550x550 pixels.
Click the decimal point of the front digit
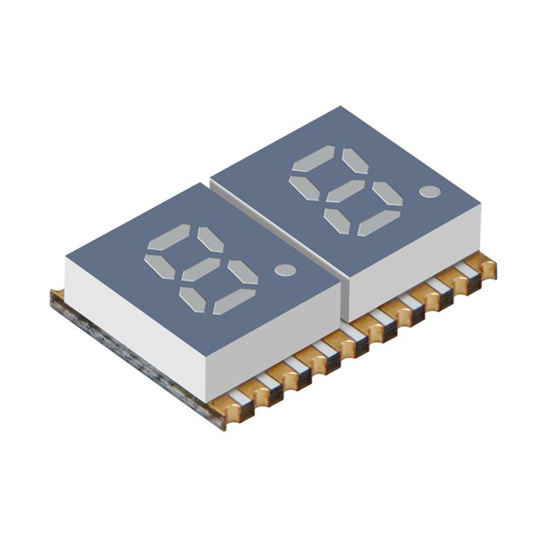(284, 269)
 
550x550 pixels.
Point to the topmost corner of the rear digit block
(341, 107)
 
